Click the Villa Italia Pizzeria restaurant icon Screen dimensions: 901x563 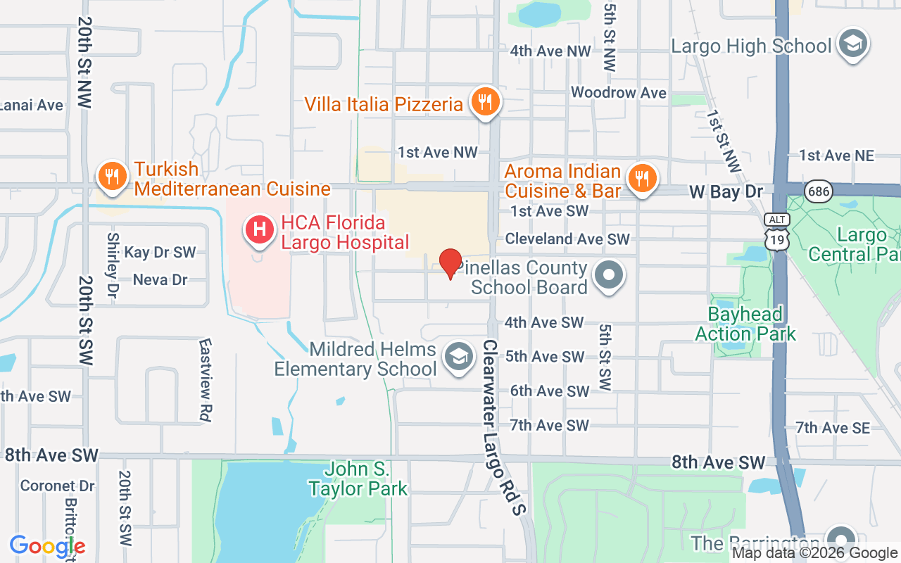(x=484, y=103)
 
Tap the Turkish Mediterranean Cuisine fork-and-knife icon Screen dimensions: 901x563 (x=111, y=177)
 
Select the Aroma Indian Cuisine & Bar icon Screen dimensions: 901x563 (x=641, y=179)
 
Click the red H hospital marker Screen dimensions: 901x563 (x=259, y=230)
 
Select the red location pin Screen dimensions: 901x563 (x=450, y=263)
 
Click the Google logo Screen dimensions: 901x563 (x=48, y=546)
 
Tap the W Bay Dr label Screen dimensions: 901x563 (x=726, y=191)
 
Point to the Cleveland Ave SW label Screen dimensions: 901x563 (x=567, y=239)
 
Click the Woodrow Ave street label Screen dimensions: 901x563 (x=618, y=92)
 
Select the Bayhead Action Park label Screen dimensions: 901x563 (x=745, y=324)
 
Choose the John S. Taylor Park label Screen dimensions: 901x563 (x=358, y=479)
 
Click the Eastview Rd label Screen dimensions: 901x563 (x=205, y=380)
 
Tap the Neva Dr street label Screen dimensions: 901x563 (x=160, y=279)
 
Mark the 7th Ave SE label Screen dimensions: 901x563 (x=833, y=427)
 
